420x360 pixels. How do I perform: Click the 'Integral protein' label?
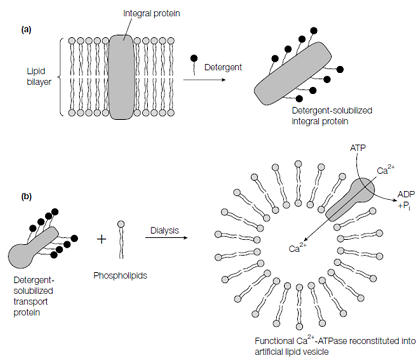(152, 13)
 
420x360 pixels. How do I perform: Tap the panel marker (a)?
(26, 30)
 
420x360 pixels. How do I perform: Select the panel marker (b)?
(26, 196)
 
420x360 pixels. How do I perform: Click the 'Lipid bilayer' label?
(39, 76)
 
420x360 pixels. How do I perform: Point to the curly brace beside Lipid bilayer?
(60, 77)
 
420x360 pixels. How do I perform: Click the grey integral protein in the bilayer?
(122, 77)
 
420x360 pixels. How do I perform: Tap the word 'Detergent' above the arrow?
(223, 67)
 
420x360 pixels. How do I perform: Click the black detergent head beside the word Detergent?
(194, 58)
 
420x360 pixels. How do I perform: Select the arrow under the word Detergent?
(204, 80)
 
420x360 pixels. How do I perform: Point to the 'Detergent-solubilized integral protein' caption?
(332, 116)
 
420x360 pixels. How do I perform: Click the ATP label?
(358, 148)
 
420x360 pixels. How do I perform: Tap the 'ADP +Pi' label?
(406, 199)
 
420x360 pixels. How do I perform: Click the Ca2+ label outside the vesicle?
(386, 170)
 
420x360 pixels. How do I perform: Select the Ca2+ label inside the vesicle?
(298, 248)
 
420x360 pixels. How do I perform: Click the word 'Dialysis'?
(165, 230)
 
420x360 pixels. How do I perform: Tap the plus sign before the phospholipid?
(101, 239)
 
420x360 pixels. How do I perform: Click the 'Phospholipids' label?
(120, 276)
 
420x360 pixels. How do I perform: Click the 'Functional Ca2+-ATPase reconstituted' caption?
(335, 341)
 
